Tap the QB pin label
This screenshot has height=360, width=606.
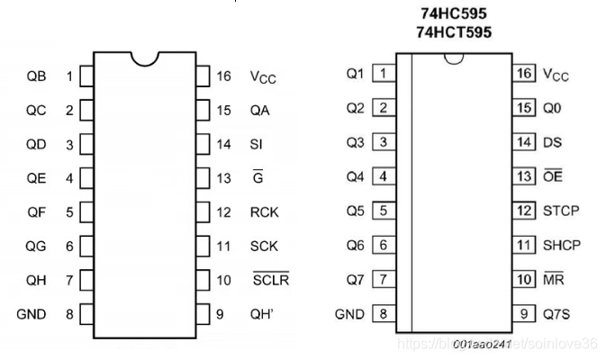point(36,76)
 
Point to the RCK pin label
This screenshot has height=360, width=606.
point(265,212)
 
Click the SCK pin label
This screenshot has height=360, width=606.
point(265,246)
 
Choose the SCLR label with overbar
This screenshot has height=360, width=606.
point(270,280)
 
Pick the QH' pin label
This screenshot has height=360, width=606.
point(262,314)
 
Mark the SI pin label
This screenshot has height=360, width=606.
point(257,144)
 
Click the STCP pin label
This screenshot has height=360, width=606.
point(561,211)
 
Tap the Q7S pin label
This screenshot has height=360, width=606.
point(556,314)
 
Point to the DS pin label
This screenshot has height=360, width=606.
point(552,142)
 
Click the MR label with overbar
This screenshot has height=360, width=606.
point(553,279)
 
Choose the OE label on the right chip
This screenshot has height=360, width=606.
point(553,176)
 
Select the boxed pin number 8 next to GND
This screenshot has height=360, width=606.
point(383,314)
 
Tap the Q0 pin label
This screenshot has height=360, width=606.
point(551,108)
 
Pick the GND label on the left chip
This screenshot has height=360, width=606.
point(32,314)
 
